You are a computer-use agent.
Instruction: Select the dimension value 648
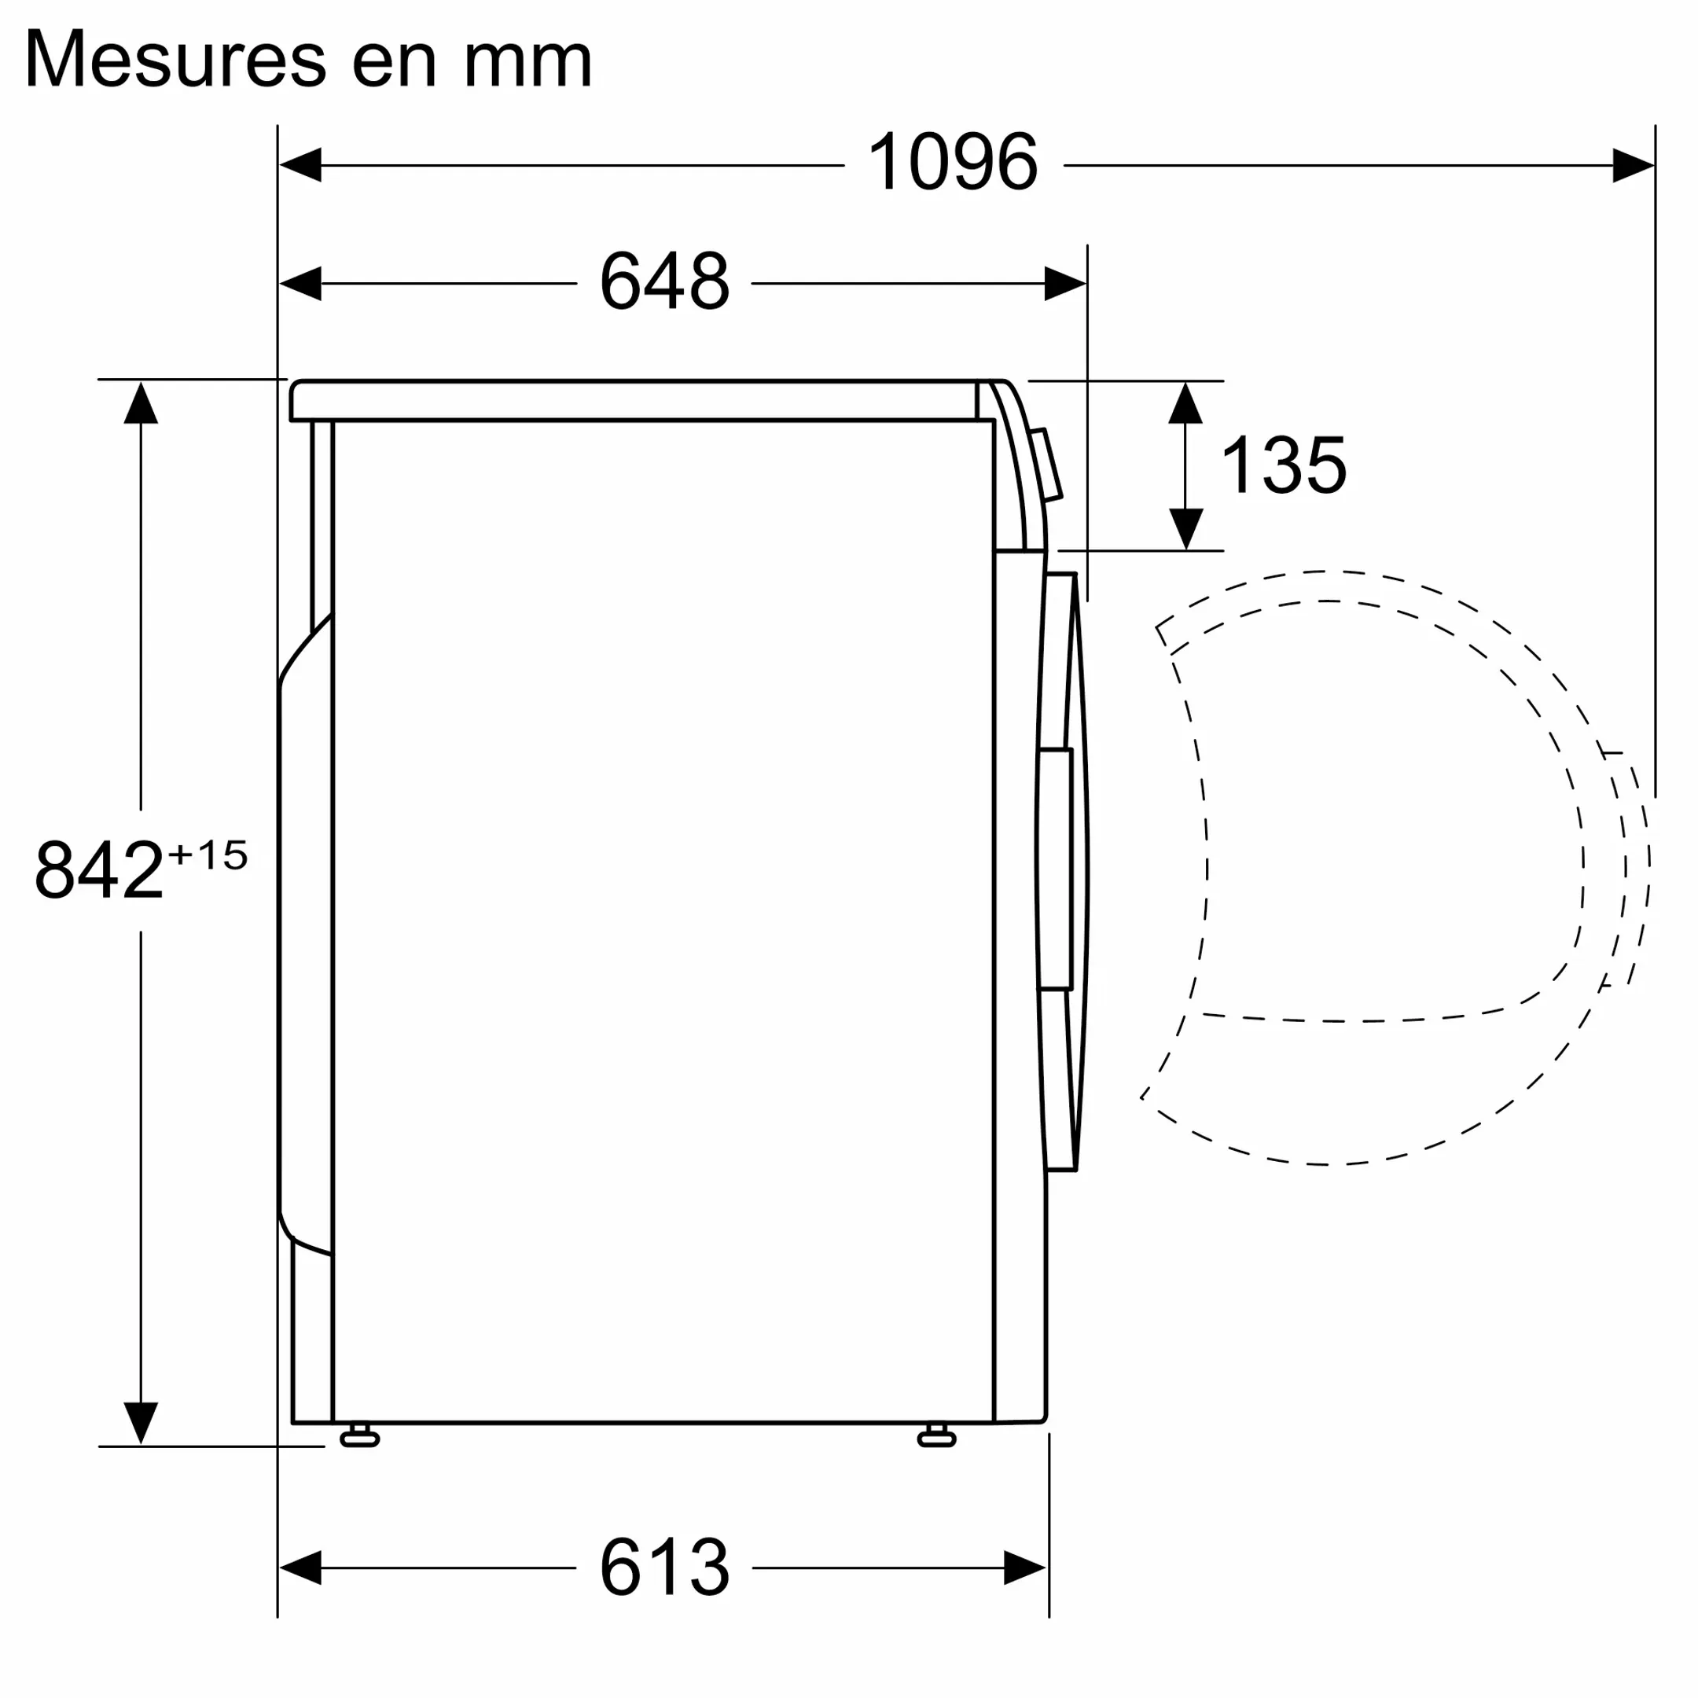coord(663,282)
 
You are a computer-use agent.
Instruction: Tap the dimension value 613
coord(663,1592)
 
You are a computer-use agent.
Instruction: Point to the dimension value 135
coord(1282,466)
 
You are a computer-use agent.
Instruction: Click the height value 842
coord(98,870)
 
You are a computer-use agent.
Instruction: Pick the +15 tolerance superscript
coord(208,855)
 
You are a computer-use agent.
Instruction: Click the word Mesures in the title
coord(176,60)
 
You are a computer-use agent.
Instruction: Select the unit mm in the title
coord(527,61)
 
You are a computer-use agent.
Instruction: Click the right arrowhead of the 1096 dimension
coord(1632,165)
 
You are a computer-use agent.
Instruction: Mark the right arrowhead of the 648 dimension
coord(1064,283)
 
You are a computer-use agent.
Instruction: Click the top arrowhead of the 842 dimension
coord(141,403)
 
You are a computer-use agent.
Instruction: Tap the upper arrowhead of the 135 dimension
coord(1185,403)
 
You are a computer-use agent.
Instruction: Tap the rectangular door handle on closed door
coord(1055,869)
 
